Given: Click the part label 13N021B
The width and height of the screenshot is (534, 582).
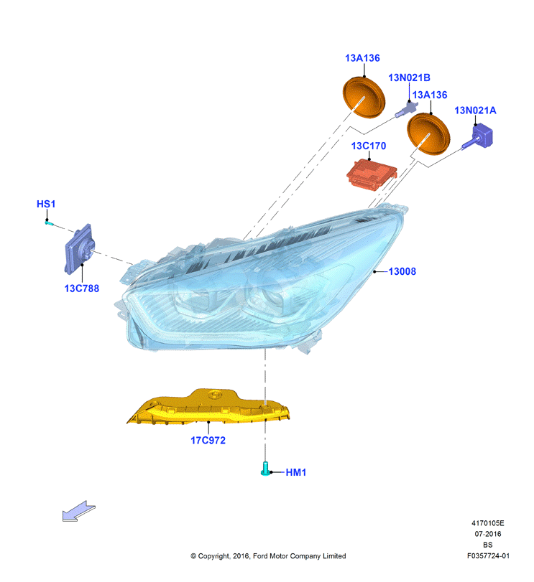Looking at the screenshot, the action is tap(409, 78).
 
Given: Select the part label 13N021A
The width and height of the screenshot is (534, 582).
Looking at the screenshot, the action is tap(475, 111).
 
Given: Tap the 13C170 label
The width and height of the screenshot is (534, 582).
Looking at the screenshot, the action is tap(369, 146).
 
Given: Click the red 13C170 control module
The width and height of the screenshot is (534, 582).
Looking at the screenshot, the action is tap(372, 175).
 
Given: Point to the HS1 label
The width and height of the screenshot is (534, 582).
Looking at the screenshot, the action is tap(46, 204).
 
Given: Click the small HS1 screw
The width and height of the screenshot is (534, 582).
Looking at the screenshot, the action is tap(49, 223).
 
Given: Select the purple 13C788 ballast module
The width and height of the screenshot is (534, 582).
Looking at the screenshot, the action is tap(79, 249).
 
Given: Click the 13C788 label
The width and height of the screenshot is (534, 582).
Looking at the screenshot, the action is tap(82, 288).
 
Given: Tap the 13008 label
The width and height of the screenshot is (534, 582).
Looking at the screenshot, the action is tap(402, 271).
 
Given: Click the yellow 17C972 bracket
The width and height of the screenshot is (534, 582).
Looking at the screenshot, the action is tap(208, 407).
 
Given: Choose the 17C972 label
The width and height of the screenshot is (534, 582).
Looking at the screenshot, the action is tap(208, 440).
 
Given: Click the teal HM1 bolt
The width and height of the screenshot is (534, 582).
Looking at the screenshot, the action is tap(265, 469).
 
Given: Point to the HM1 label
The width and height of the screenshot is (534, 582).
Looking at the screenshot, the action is tap(296, 472).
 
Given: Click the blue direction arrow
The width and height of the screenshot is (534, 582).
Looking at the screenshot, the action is tap(79, 511).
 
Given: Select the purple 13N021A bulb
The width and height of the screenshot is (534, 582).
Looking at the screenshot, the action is tap(479, 137).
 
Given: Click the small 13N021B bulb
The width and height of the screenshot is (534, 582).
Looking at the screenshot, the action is tap(405, 110).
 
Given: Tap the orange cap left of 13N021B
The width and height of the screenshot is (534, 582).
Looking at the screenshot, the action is tap(364, 98).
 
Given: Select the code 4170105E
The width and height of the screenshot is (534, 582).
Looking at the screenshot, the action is tap(488, 523).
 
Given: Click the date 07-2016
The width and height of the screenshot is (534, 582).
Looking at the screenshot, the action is tap(488, 534).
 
